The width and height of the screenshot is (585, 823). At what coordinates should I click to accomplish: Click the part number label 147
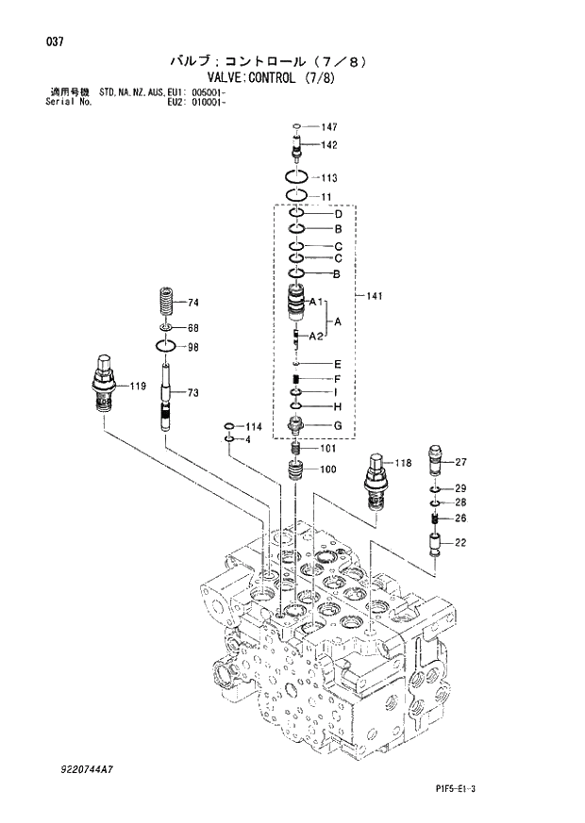click(x=328, y=126)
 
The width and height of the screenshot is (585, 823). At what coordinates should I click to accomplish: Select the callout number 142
click(x=328, y=145)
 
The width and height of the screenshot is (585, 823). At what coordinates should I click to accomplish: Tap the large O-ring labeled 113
click(x=296, y=177)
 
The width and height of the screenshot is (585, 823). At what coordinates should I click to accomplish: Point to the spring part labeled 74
click(x=167, y=305)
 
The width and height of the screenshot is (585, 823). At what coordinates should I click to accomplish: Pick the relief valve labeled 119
click(x=102, y=384)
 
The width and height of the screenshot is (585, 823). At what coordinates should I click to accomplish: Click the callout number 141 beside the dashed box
click(x=375, y=297)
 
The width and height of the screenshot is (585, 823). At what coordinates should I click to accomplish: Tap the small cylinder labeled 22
click(x=435, y=544)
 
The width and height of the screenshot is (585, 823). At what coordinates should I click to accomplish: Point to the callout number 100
click(x=327, y=469)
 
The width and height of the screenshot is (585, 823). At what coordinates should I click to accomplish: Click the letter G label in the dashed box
click(x=336, y=425)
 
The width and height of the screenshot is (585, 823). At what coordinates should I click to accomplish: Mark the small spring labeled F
click(x=296, y=379)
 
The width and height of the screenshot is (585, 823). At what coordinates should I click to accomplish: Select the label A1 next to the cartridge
click(x=316, y=302)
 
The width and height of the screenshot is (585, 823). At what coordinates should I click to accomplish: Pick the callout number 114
click(x=254, y=427)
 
